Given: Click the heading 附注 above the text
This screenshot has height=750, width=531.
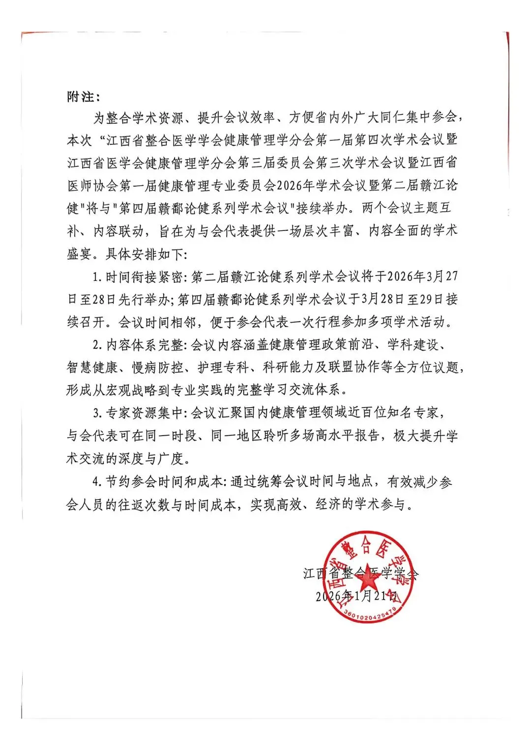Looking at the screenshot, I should pyautogui.click(x=80, y=97).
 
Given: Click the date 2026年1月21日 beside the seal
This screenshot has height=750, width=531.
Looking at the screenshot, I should pyautogui.click(x=356, y=596).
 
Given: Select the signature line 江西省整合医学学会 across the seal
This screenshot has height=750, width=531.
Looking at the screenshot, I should pyautogui.click(x=360, y=573).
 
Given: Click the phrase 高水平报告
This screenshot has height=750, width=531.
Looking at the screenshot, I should pyautogui.click(x=346, y=436).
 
